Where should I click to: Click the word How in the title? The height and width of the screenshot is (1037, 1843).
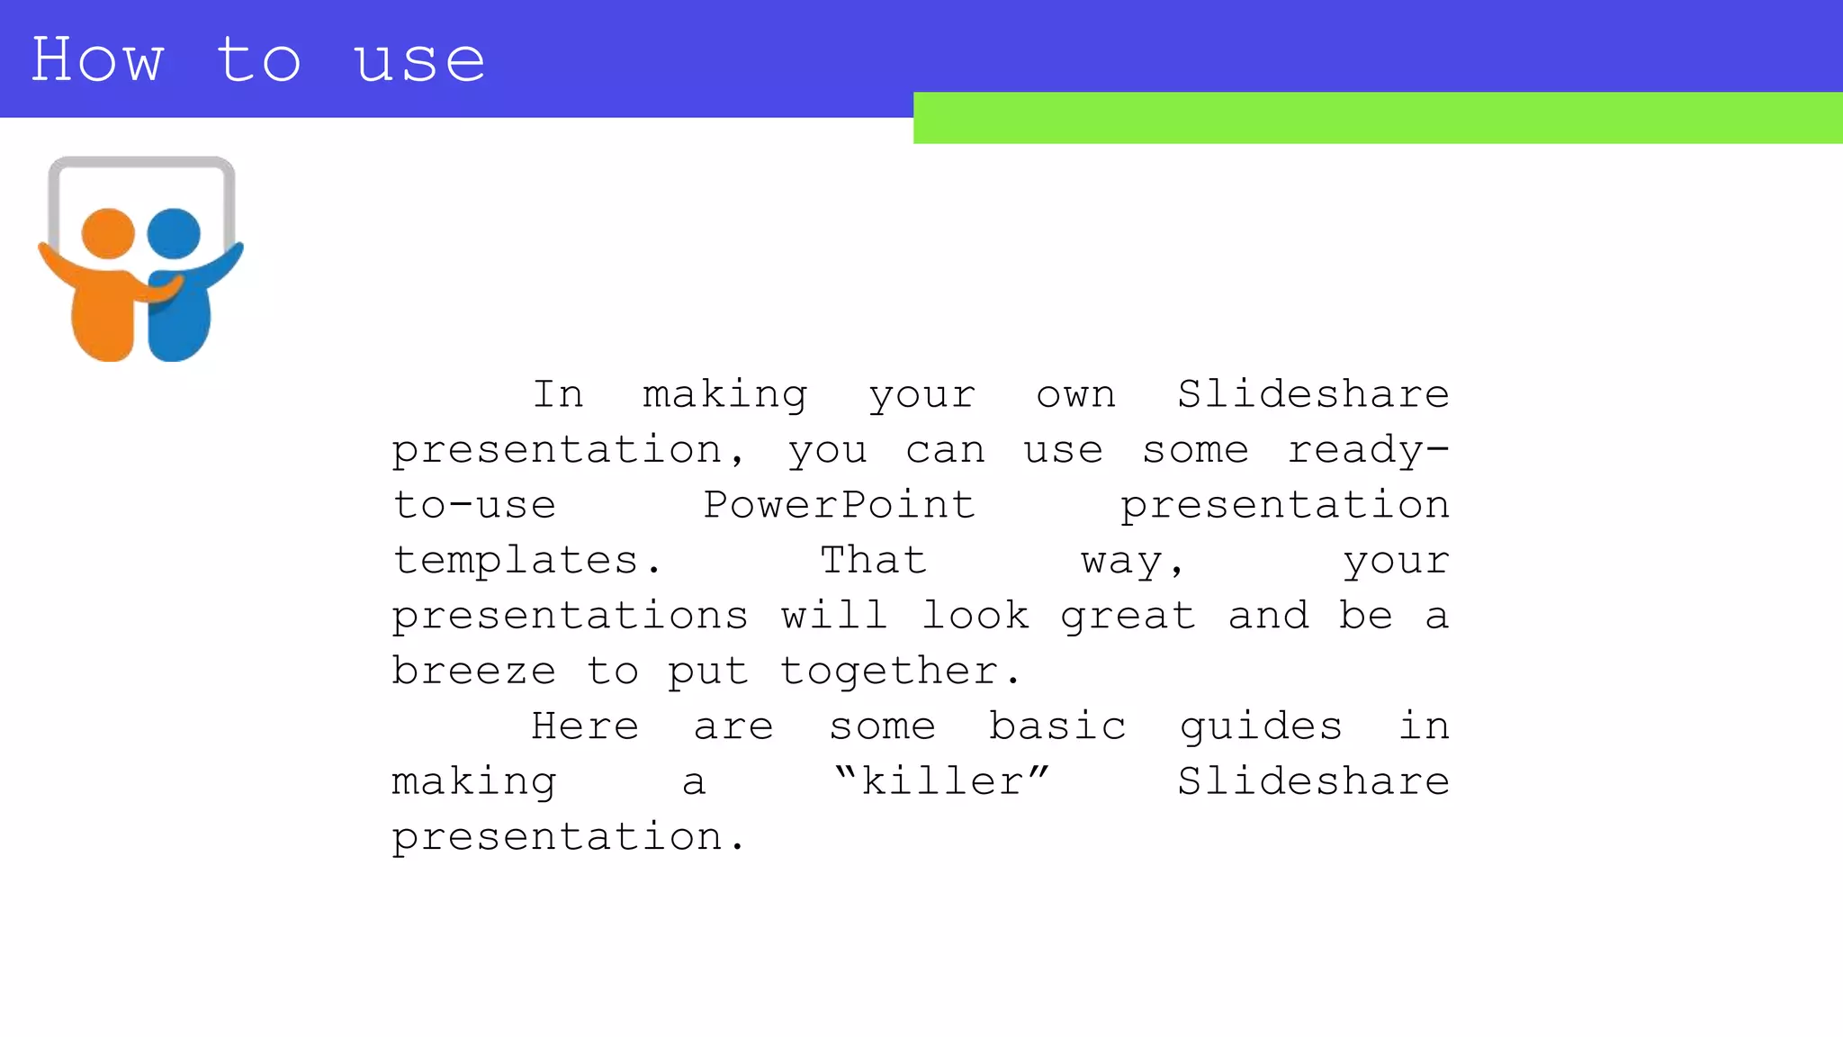[x=97, y=60]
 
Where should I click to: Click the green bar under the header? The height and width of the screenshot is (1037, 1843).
[x=1377, y=118]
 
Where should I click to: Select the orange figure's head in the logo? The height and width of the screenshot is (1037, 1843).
[x=108, y=234]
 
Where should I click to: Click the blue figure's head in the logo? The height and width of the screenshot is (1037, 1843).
[x=174, y=233]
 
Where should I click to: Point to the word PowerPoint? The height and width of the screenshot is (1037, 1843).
[x=839, y=504]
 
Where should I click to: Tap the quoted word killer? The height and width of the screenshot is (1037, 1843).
[x=941, y=780]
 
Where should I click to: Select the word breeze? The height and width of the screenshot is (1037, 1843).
[x=473, y=671]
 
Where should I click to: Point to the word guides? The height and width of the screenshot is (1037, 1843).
[x=1260, y=726]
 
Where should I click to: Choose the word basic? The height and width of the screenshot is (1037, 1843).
[x=1057, y=726]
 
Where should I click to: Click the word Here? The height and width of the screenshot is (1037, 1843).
[x=585, y=726]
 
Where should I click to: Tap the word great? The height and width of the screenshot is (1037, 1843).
[x=1128, y=617]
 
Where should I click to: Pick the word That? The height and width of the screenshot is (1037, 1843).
[x=873, y=560]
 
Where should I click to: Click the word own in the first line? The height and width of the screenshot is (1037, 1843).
[x=1075, y=395]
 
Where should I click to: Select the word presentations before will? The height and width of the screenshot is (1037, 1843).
[x=570, y=617]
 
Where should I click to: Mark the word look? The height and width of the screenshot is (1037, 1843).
[x=975, y=615]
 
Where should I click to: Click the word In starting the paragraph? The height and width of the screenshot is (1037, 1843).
[x=558, y=394]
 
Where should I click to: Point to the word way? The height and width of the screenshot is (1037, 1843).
[x=1131, y=562]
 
